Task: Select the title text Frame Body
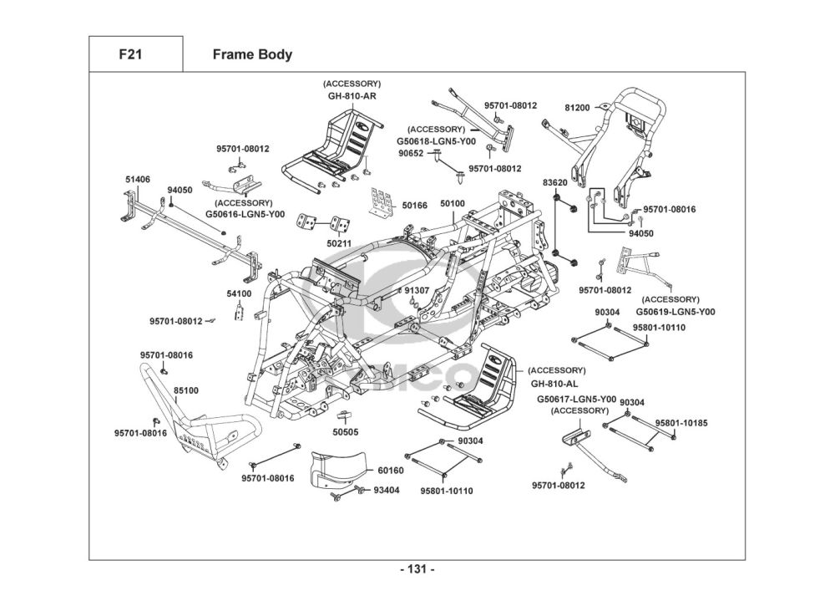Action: pyautogui.click(x=252, y=55)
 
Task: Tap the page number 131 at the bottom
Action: pyautogui.click(x=417, y=569)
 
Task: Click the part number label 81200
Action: pyautogui.click(x=577, y=108)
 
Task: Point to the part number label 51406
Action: pyautogui.click(x=138, y=180)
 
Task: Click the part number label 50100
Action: pyautogui.click(x=453, y=204)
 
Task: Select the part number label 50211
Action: pyautogui.click(x=338, y=243)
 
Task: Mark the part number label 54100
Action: pyautogui.click(x=239, y=293)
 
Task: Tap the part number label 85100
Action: pyautogui.click(x=186, y=390)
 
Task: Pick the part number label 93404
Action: pyautogui.click(x=386, y=490)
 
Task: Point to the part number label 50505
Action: pyautogui.click(x=345, y=432)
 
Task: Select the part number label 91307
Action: pyautogui.click(x=417, y=291)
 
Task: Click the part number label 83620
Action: pyautogui.click(x=555, y=182)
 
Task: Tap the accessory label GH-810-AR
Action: pyautogui.click(x=352, y=96)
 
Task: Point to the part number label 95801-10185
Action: pyautogui.click(x=681, y=424)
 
